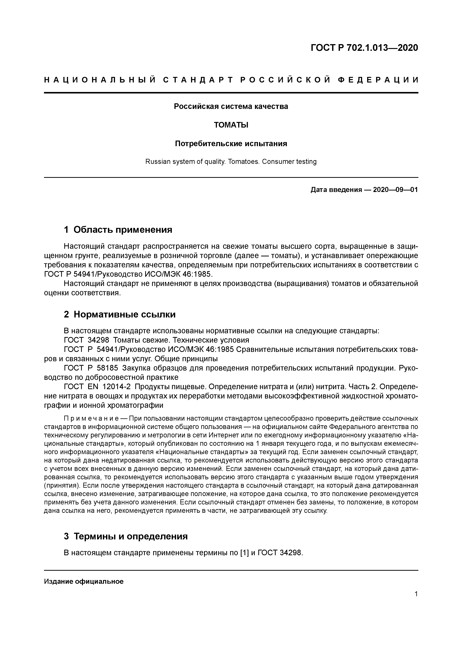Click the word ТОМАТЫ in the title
(x=231, y=125)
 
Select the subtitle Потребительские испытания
(x=231, y=144)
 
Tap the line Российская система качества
(x=231, y=106)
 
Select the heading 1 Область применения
(x=118, y=230)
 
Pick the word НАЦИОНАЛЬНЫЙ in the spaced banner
(x=100, y=80)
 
